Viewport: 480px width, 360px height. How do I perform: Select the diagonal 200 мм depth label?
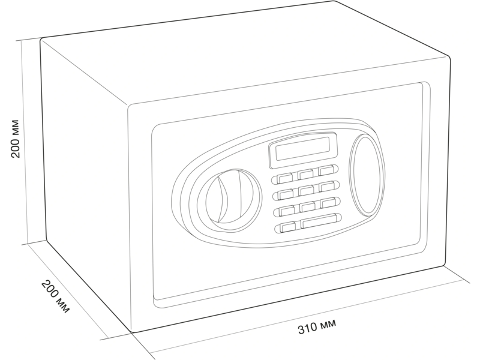pos(55,296)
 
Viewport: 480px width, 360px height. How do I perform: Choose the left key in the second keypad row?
pos(284,193)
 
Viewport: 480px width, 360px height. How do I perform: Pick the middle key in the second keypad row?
pos(306,190)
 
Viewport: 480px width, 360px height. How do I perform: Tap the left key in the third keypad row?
pos(286,211)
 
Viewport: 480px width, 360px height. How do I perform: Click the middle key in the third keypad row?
pos(307,207)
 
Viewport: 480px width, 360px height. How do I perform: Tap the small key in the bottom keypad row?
pos(287,227)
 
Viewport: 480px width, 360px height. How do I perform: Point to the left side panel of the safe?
pos(87,184)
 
